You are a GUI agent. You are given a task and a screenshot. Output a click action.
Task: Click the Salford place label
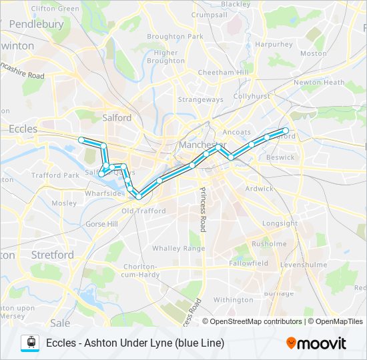117,117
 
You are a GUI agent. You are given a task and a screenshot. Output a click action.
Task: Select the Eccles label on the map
23,129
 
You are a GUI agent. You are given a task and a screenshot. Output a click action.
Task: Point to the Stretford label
53,255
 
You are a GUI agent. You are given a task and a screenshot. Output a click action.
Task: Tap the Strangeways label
200,99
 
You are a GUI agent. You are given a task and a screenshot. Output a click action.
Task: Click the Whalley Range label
178,248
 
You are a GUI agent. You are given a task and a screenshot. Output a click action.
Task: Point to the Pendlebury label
37,24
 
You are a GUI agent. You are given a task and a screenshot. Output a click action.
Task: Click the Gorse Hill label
101,224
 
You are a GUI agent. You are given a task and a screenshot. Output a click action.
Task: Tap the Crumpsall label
210,15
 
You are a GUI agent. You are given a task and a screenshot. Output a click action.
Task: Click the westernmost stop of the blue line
81,139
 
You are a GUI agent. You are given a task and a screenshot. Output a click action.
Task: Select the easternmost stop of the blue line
286,131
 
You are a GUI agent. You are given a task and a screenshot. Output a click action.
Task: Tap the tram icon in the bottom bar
31,343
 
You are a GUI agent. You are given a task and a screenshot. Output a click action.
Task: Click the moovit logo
316,343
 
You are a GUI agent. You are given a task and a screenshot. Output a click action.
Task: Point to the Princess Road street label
202,208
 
